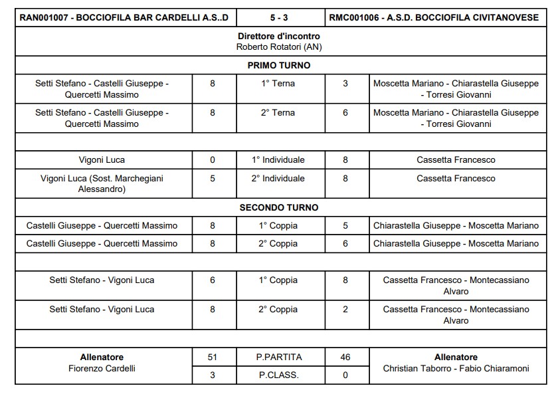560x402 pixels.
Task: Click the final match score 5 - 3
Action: (x=280, y=17)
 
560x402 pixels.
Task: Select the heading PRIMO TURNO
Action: (x=279, y=65)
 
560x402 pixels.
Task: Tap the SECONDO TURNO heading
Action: (x=279, y=207)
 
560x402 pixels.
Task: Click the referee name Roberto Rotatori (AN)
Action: (x=279, y=47)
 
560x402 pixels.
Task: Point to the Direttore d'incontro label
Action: (x=279, y=36)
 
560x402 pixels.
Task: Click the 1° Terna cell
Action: (x=278, y=84)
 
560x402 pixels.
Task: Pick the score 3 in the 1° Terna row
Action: (x=345, y=84)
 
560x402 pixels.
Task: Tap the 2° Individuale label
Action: (x=278, y=178)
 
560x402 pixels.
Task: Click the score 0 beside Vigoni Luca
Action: (x=213, y=159)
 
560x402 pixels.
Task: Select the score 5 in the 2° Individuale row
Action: (x=213, y=178)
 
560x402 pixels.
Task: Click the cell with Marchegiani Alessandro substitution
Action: (x=102, y=183)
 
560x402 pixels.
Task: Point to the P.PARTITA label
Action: (x=279, y=357)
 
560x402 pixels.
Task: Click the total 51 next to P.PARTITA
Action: (x=213, y=357)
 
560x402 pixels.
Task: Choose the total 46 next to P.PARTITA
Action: (x=345, y=357)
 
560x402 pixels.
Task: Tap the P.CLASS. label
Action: (x=279, y=375)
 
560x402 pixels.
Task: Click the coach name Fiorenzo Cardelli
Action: (x=102, y=368)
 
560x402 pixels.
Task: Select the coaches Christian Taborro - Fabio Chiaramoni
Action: (x=456, y=368)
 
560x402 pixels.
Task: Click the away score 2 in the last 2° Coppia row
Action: (x=345, y=309)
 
